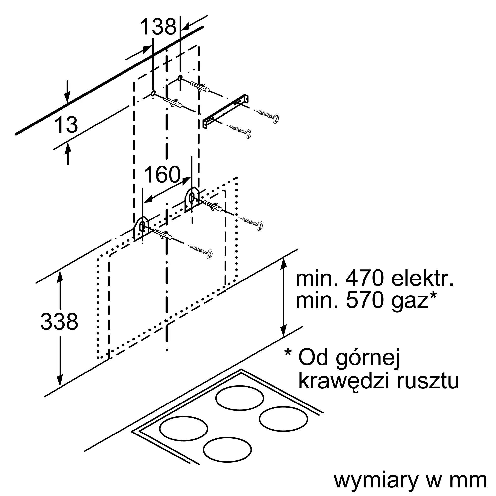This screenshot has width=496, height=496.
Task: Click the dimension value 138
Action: click(x=158, y=27)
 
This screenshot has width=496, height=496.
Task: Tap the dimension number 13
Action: click(x=66, y=125)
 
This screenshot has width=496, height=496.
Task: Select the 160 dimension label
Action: click(x=162, y=174)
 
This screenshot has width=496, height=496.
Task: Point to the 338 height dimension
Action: click(x=59, y=321)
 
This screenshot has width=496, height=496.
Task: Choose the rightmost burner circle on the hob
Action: click(x=283, y=419)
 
